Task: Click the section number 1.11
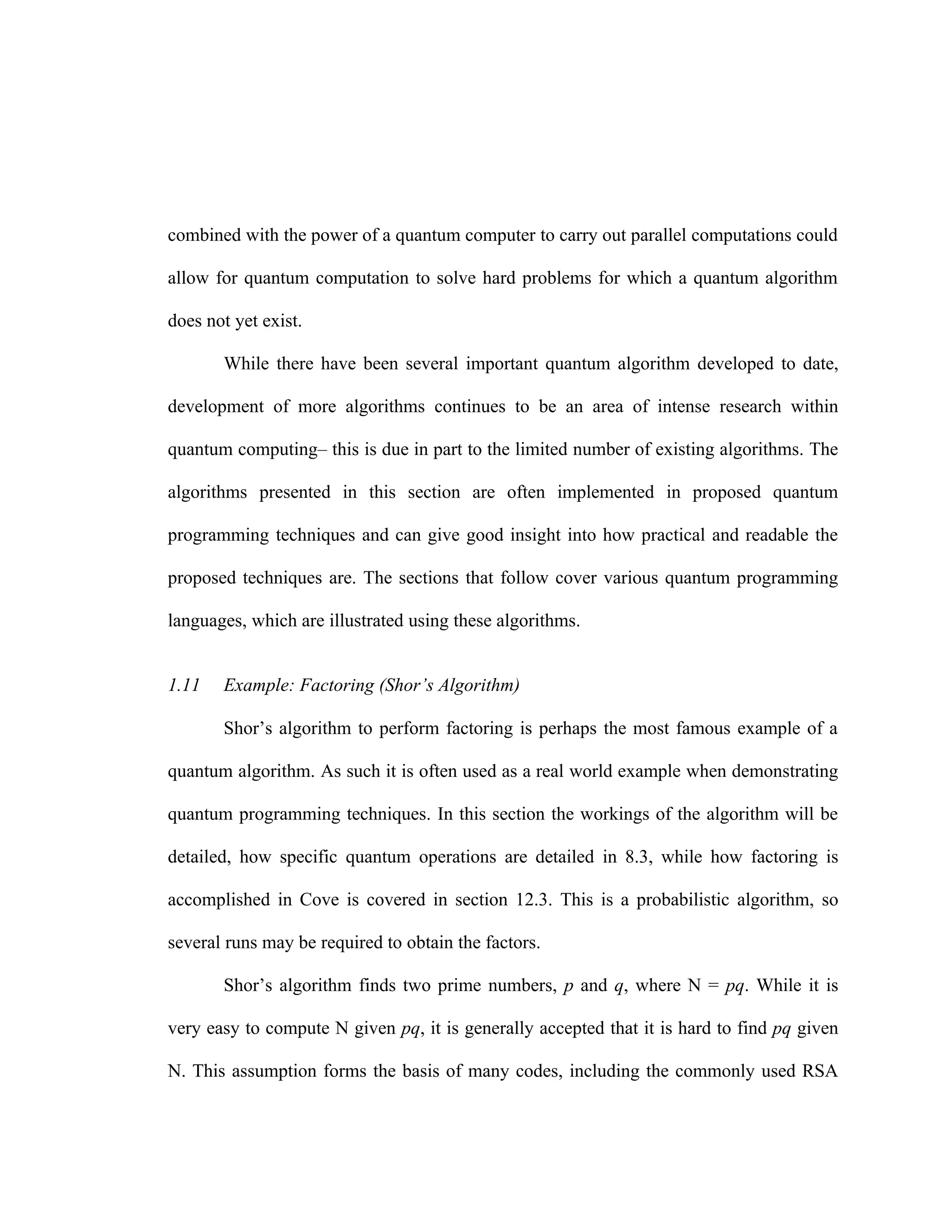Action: [184, 685]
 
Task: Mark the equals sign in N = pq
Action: [712, 986]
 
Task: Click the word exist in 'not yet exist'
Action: [282, 321]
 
